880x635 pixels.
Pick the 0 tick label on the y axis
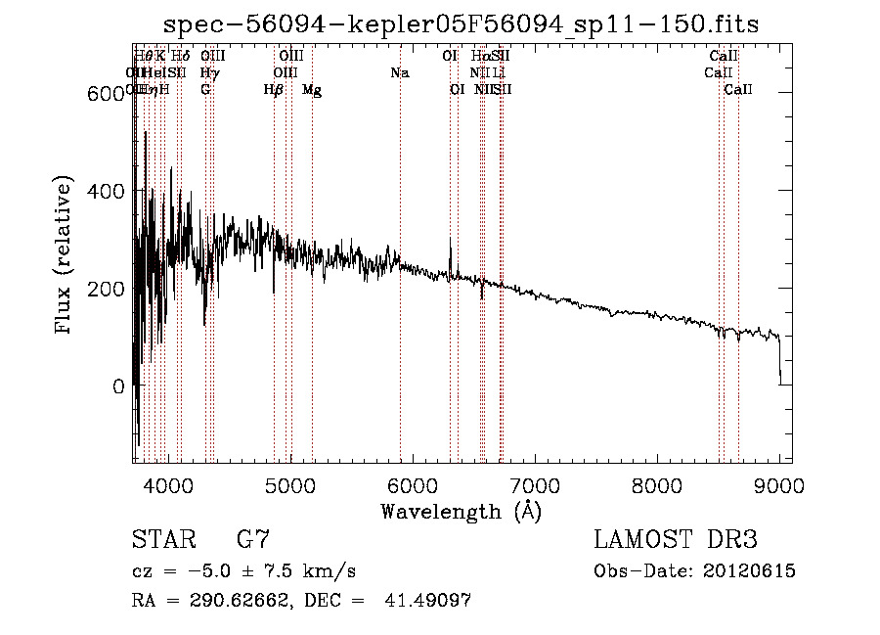117,386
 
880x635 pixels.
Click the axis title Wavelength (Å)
461,511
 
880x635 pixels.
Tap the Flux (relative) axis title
66,256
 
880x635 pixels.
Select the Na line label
399,73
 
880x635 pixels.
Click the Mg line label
312,90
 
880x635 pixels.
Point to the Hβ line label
274,90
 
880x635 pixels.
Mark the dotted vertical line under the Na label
400,294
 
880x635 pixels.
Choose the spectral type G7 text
253,540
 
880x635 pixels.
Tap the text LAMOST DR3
675,540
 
